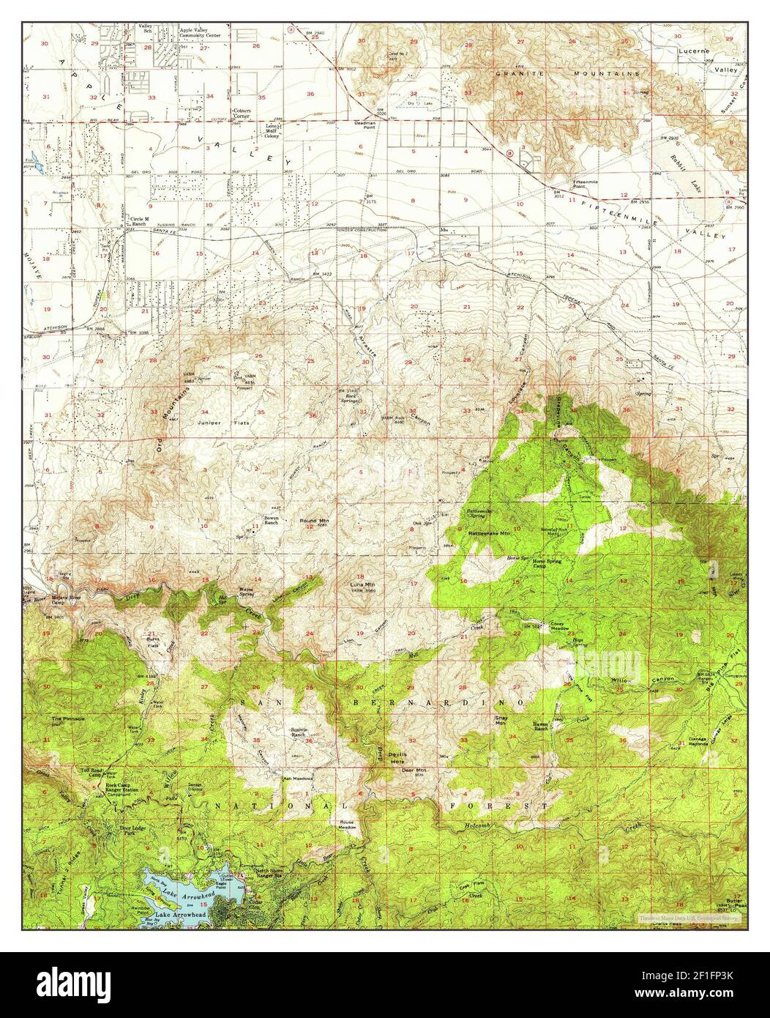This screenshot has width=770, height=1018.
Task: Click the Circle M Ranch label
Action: coord(138,221)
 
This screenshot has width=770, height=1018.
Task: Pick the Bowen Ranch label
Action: coord(273,521)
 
